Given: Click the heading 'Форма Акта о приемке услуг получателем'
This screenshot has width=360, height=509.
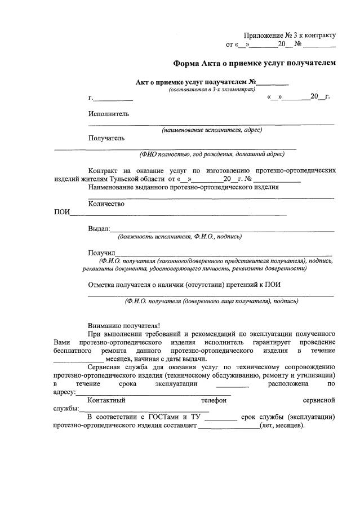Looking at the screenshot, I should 254,63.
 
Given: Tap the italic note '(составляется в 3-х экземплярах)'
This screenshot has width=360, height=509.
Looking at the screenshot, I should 212,90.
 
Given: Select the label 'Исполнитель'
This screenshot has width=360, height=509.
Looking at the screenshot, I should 109,113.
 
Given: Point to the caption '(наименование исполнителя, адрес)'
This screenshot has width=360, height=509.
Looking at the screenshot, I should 212,130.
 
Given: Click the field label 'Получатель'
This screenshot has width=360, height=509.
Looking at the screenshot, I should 106,138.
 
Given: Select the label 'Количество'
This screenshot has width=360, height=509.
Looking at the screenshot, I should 106,204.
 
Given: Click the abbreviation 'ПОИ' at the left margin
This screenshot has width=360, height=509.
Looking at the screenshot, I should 61,213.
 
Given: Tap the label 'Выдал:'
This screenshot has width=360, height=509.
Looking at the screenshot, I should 99,229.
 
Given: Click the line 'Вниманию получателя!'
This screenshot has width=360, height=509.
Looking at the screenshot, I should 124,325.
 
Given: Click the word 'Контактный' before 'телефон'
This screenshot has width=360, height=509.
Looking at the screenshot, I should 106,400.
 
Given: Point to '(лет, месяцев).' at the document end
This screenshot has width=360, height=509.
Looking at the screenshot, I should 282,426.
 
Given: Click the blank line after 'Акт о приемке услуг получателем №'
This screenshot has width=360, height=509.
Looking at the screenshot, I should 273,83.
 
